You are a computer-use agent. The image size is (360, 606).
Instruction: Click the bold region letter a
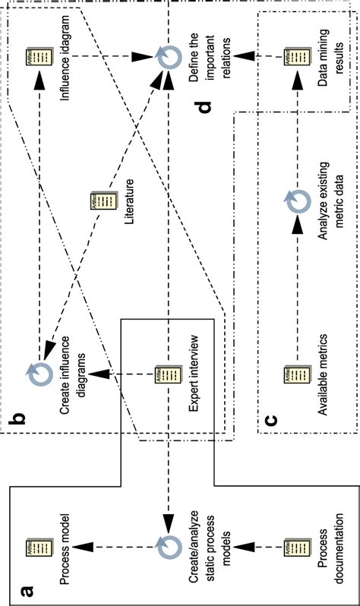tap(26, 586)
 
